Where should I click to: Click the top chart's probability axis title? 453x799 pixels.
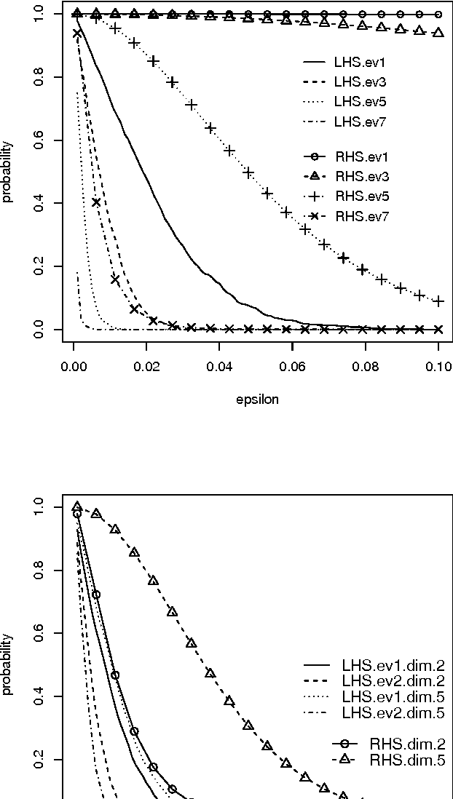pos(9,172)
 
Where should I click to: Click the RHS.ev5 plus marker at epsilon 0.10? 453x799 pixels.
pos(438,301)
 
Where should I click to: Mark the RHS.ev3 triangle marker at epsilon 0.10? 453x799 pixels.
pos(438,33)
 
